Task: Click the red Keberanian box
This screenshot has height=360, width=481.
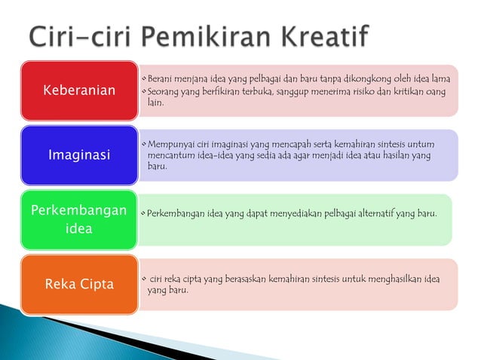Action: click(x=79, y=90)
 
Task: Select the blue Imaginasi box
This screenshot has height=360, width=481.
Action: click(x=79, y=155)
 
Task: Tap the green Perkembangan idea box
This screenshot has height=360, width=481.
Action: click(x=79, y=219)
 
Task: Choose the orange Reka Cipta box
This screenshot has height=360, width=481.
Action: click(x=79, y=284)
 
